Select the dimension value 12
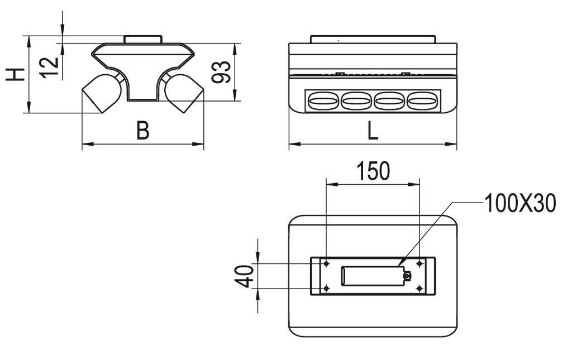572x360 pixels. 50,67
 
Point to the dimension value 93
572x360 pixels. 222,71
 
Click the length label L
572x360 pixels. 372,131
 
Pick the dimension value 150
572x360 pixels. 373,171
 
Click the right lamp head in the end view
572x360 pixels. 184,92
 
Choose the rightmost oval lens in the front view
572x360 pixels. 422,101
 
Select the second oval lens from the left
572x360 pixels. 356,101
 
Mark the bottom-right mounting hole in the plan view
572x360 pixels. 419,288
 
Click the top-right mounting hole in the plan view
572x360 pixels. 419,263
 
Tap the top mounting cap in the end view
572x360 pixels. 142,39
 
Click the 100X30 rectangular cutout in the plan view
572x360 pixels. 371,276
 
